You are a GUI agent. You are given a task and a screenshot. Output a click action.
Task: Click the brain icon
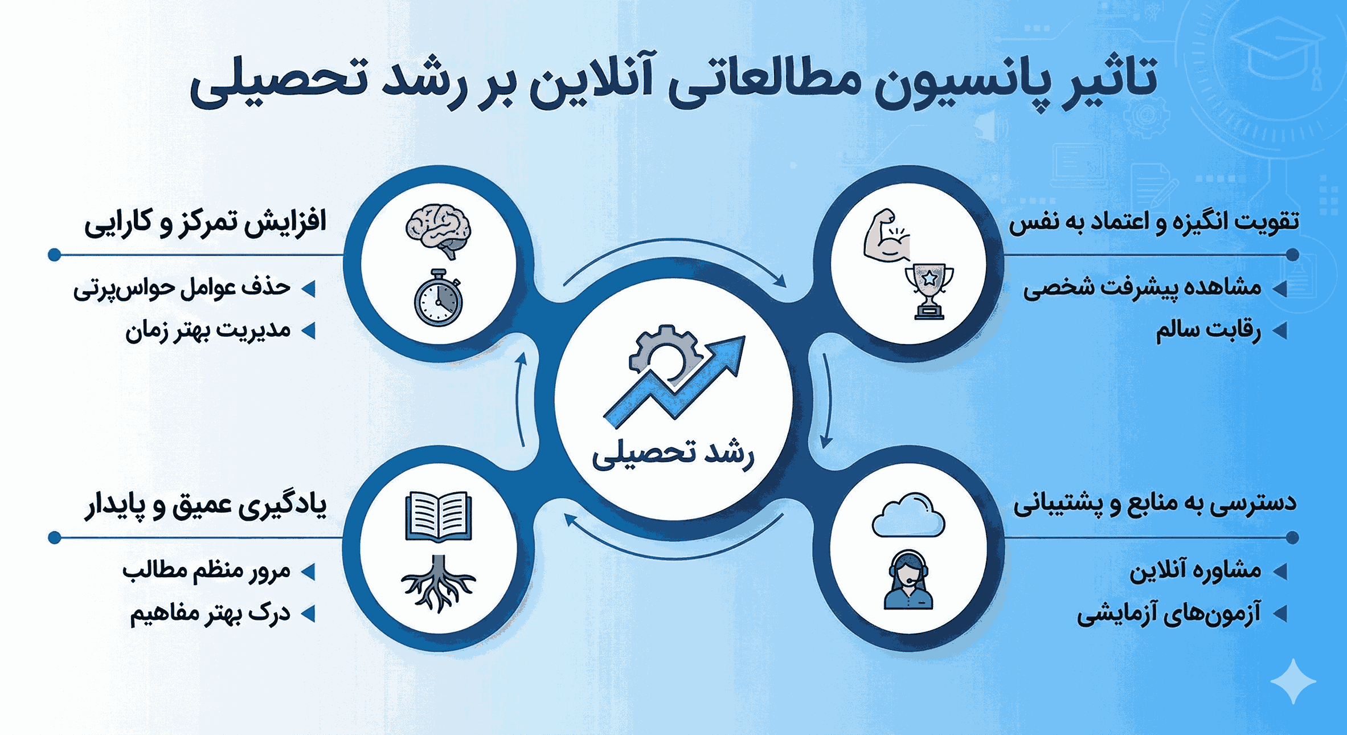point(438,232)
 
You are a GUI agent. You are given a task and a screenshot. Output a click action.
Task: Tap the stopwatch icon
point(438,299)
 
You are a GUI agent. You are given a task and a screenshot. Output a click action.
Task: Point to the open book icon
point(438,516)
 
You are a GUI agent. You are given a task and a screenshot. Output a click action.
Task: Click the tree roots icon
point(438,583)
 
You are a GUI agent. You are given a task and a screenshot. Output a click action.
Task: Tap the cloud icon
point(908,515)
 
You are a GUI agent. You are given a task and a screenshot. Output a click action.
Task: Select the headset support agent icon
point(908,580)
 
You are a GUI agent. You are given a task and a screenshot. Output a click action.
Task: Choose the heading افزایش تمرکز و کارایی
point(205,223)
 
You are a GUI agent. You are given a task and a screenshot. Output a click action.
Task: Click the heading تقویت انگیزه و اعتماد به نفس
point(1154,222)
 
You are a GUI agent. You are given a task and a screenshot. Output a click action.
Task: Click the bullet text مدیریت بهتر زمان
point(208,330)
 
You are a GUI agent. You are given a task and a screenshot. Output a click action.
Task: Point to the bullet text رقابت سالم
point(1208,330)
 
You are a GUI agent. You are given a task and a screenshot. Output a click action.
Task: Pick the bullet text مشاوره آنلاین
point(1195,570)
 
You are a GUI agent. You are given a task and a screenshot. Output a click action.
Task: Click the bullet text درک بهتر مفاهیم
point(210,614)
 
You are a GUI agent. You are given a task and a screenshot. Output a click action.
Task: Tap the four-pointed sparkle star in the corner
point(1293,681)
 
